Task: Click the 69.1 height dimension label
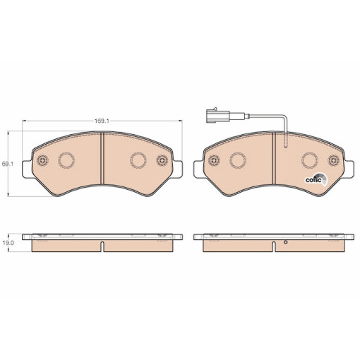click(8, 164)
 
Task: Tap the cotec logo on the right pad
click(314, 179)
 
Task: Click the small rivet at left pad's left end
click(42, 160)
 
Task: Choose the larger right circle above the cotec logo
click(308, 161)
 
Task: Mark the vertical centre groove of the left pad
click(103, 163)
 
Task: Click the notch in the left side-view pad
click(103, 247)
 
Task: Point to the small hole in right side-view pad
click(285, 245)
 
